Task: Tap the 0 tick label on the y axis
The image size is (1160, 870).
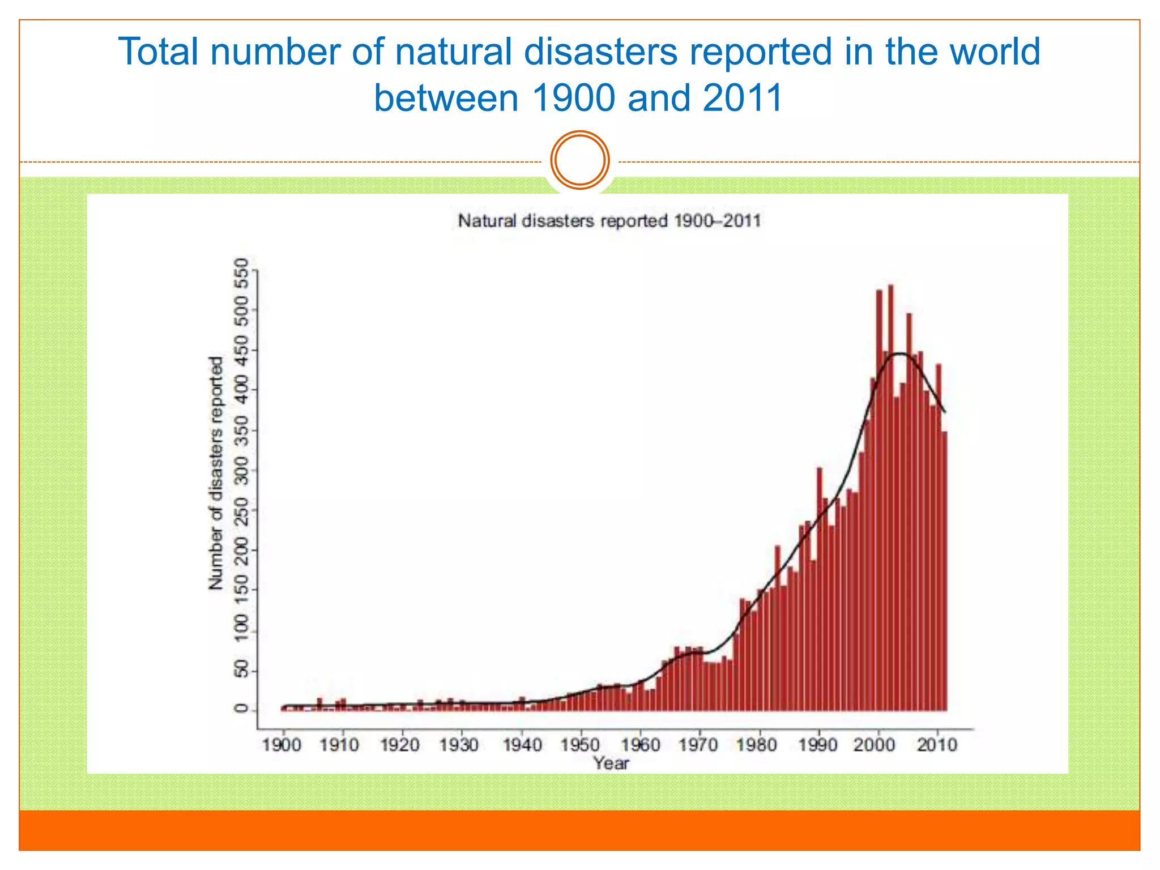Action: (242, 709)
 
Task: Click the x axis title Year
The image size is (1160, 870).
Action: (611, 764)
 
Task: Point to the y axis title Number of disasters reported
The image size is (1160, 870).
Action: (216, 474)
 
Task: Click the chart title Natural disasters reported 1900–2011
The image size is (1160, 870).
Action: (609, 220)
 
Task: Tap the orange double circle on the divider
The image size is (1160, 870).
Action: (580, 160)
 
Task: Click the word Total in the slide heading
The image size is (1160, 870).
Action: (158, 52)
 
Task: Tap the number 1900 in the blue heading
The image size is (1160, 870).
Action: (573, 98)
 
